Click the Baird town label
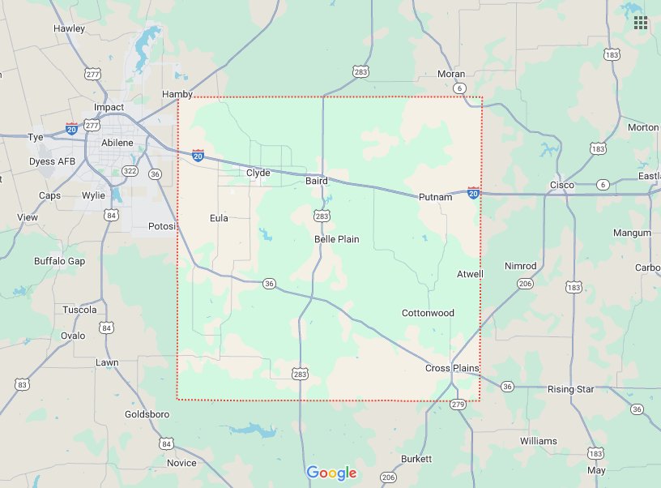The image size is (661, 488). [x=316, y=181]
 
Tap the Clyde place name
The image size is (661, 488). [x=258, y=173]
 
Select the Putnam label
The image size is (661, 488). [x=435, y=198]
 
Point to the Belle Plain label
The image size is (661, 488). [x=336, y=239]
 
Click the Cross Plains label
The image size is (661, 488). [x=452, y=369]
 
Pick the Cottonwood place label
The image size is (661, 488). [x=428, y=313]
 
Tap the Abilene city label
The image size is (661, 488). [x=117, y=143]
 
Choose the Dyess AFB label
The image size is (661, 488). [x=53, y=161]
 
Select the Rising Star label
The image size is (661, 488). [x=570, y=390]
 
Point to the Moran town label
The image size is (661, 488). [x=451, y=74]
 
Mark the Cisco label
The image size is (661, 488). [x=561, y=185]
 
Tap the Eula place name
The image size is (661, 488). [x=219, y=218]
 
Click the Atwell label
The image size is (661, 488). [x=470, y=274]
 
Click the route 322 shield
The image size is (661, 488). [x=128, y=171]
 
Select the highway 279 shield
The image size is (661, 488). [x=458, y=405]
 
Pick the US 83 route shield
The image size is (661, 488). [x=22, y=384]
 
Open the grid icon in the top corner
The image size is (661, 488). [x=641, y=23]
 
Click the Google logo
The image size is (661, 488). [x=331, y=473]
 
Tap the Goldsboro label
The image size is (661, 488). [x=147, y=414]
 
